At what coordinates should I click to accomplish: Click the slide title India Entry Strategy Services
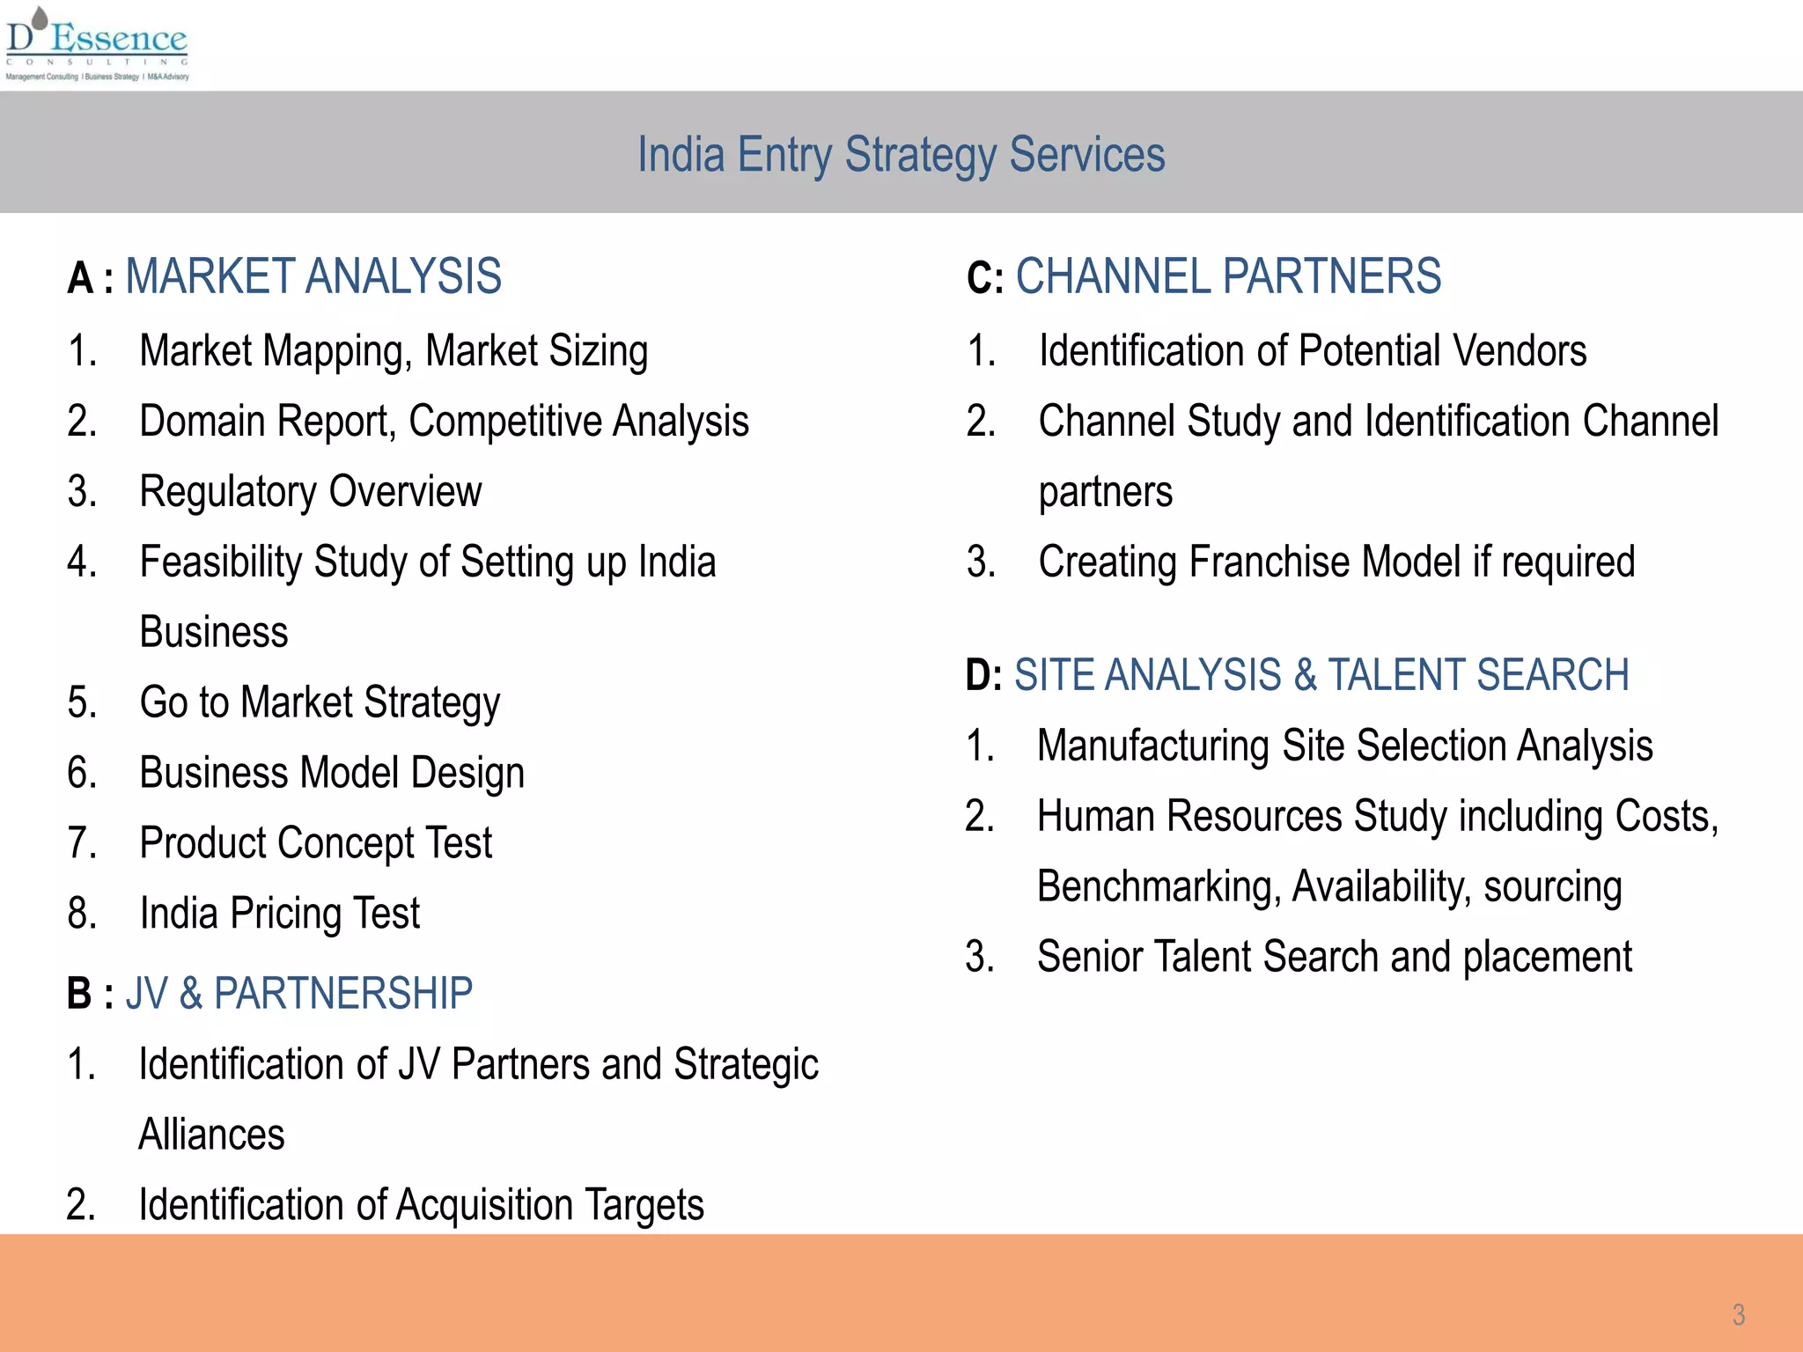(x=901, y=155)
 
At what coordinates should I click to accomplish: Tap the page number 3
(x=1738, y=1314)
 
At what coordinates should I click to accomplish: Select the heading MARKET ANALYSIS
(x=313, y=276)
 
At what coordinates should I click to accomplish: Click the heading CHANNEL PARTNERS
(x=1228, y=276)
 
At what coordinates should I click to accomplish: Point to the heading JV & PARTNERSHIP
(x=299, y=994)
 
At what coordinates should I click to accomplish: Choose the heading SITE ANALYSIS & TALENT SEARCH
(x=1321, y=675)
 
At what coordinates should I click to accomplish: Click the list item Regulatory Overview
(x=311, y=491)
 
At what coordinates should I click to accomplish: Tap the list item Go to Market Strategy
(x=320, y=702)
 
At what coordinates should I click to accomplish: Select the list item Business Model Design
(x=332, y=773)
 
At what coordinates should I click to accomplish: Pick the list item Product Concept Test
(x=316, y=843)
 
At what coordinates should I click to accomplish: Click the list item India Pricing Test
(x=280, y=914)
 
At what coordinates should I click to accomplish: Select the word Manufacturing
(x=1153, y=746)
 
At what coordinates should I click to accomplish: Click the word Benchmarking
(x=1159, y=886)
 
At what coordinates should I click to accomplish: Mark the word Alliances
(x=212, y=1135)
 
